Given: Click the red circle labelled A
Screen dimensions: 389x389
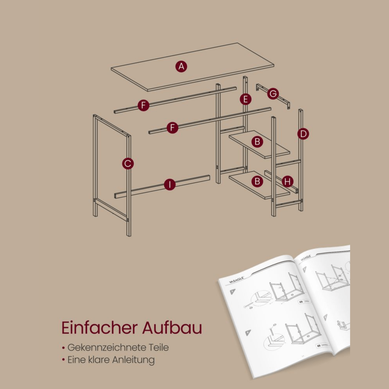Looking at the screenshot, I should click(x=181, y=66).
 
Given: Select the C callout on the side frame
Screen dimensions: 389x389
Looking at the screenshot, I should click(x=128, y=163).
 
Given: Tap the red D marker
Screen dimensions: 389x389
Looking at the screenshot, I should click(x=303, y=134).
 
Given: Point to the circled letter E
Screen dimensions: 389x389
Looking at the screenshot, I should click(x=246, y=99).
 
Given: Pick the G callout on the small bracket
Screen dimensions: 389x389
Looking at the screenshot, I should click(x=273, y=94).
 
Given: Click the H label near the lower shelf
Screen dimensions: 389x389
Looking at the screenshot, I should click(x=288, y=182).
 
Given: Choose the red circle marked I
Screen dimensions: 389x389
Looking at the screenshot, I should click(x=169, y=185).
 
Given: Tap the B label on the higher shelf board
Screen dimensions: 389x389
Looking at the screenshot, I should click(x=257, y=141).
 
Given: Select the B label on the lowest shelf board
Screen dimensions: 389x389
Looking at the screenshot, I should click(x=257, y=181).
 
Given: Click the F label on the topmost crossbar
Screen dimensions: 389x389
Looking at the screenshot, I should click(x=143, y=105).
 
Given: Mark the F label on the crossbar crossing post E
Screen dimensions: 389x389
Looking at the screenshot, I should click(x=172, y=127).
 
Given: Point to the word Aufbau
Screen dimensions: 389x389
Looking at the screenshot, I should click(x=172, y=328).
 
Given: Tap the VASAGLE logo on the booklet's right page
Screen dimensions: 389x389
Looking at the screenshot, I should click(x=305, y=257).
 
